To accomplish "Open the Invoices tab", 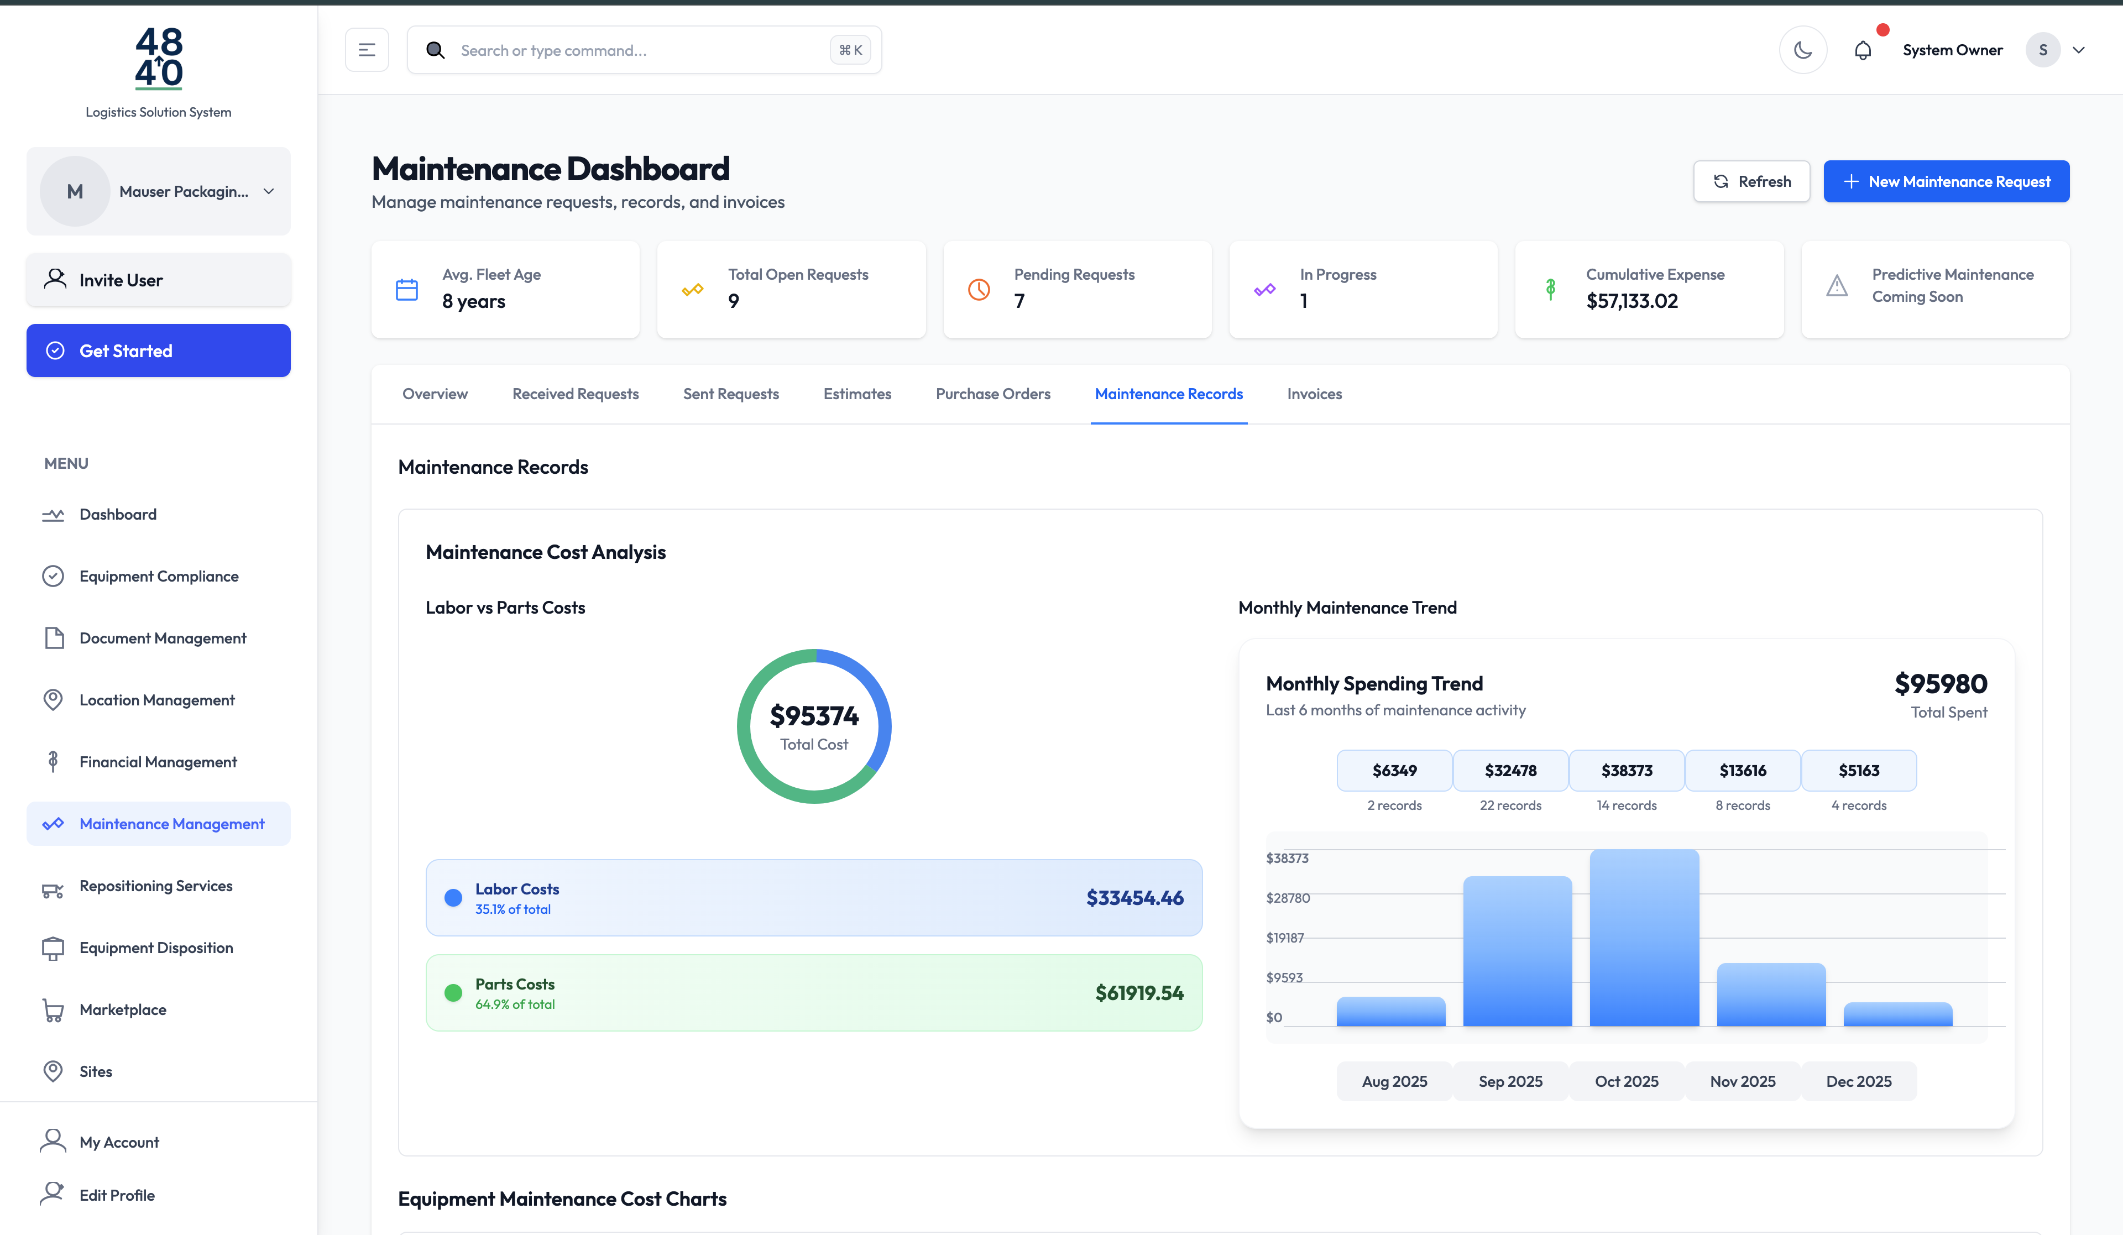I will click(1314, 394).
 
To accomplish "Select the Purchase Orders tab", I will click(992, 394).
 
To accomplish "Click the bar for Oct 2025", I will click(1644, 937).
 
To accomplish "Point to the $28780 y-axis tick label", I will click(1287, 898).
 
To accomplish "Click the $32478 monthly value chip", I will click(1510, 770).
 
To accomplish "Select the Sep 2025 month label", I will click(1510, 1081).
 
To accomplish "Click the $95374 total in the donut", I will click(814, 716).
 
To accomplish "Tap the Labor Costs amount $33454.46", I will click(1134, 898).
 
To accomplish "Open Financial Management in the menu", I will click(158, 762).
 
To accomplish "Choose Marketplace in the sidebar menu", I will click(123, 1009).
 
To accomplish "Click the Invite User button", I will click(158, 280).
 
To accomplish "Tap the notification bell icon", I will click(1862, 50).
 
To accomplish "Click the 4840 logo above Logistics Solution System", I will click(158, 57).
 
